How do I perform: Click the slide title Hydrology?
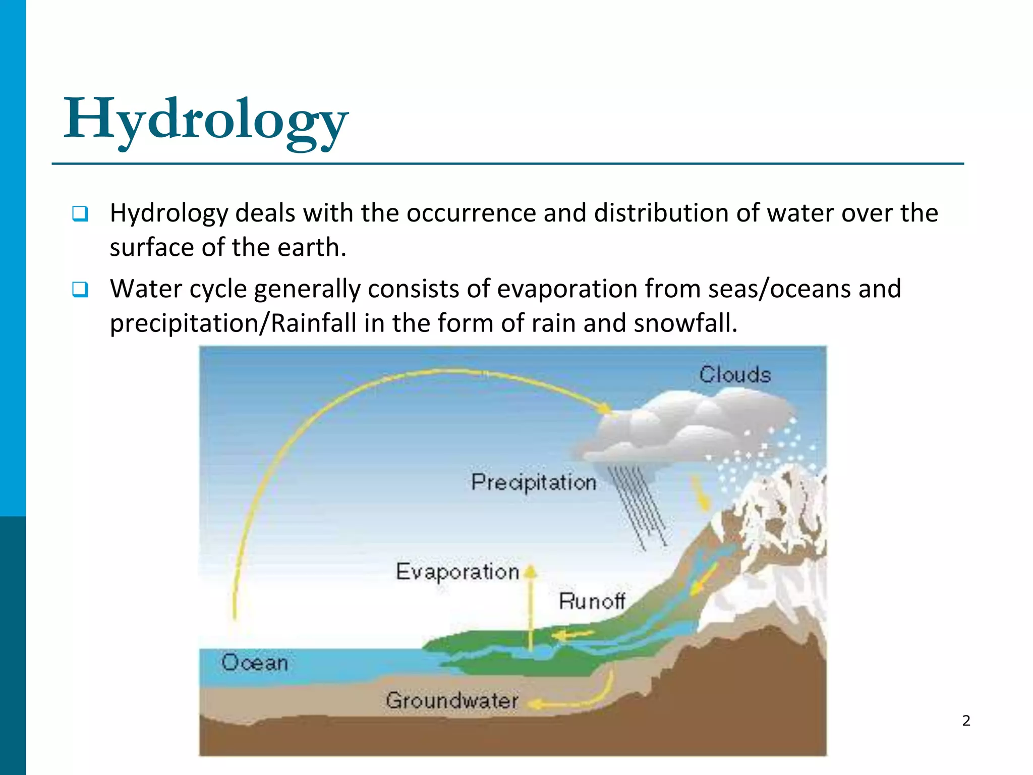click(206, 120)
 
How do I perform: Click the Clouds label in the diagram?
click(735, 375)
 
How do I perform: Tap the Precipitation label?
click(534, 482)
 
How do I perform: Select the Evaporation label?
click(457, 572)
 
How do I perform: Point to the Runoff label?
click(592, 601)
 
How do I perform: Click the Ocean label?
click(254, 662)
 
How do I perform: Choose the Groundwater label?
click(452, 700)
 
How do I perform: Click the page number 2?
click(966, 721)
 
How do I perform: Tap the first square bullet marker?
click(80, 213)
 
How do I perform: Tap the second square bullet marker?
click(80, 289)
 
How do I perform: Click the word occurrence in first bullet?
click(471, 213)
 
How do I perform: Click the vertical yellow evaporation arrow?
click(531, 611)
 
